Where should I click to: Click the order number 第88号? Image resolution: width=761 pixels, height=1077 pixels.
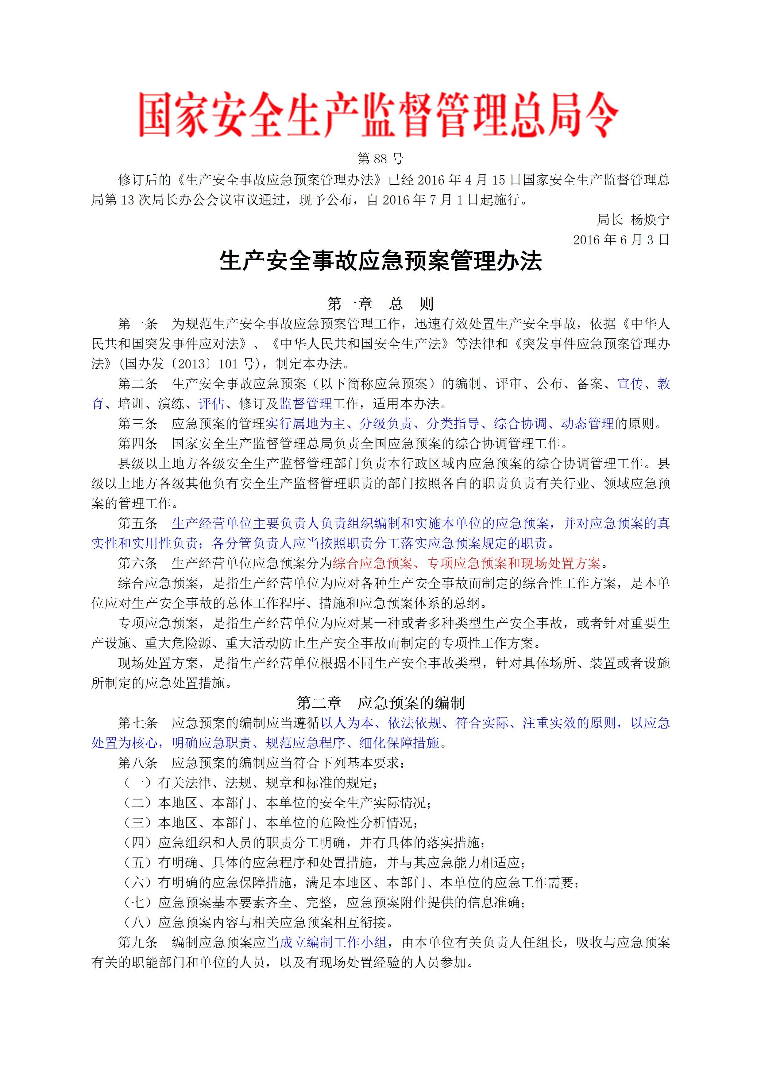tap(380, 159)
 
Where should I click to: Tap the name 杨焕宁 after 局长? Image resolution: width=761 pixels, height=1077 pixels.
tap(650, 220)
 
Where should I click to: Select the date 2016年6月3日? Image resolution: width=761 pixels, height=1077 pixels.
tap(621, 240)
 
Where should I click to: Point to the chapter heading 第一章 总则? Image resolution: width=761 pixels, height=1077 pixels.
tap(380, 304)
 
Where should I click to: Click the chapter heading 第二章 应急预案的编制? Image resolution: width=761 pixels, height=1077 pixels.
tap(380, 703)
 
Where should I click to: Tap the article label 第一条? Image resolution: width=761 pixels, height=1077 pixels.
tap(137, 324)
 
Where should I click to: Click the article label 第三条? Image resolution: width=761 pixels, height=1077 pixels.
tap(137, 424)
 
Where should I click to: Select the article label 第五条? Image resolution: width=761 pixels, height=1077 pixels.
tap(137, 523)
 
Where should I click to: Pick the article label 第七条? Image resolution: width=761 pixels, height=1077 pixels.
tap(137, 723)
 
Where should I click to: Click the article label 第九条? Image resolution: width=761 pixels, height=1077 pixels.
tap(137, 943)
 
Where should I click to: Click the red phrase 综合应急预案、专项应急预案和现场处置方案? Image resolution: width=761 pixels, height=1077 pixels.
tap(466, 563)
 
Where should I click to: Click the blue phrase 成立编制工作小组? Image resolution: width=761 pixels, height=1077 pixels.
tap(333, 943)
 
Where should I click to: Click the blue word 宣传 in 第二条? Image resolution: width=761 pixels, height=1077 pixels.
tap(630, 384)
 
